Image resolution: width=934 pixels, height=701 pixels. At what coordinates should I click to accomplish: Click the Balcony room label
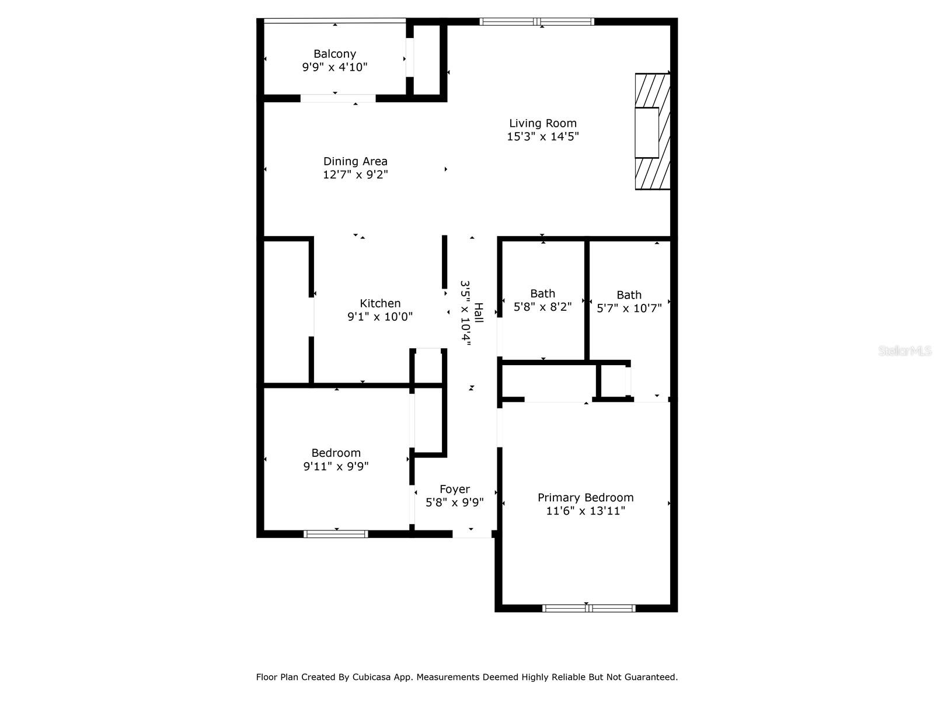[x=334, y=54]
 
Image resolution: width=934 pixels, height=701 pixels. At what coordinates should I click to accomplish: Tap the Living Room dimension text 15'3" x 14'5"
[x=543, y=137]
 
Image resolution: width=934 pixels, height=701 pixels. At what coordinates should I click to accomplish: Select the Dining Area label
[x=355, y=161]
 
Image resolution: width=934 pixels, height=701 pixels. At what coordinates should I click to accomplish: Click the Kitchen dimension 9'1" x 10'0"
[x=380, y=317]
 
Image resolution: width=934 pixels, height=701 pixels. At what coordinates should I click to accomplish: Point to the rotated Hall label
[x=479, y=313]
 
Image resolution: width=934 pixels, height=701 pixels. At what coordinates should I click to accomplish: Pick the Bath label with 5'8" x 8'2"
[x=542, y=293]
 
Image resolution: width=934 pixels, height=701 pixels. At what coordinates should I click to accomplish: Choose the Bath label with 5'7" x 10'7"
[x=629, y=295]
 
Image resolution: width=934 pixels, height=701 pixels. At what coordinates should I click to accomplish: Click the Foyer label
[x=454, y=489]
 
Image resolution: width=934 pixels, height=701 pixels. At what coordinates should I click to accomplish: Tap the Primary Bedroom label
[x=585, y=498]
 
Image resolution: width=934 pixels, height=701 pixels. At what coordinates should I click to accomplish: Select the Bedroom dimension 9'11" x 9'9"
[x=336, y=466]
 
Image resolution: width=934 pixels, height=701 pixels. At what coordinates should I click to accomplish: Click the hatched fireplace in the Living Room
[x=652, y=131]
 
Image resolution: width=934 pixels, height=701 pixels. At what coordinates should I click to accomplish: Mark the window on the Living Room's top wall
[x=536, y=22]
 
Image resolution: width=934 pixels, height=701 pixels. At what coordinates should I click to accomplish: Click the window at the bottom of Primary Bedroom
[x=588, y=608]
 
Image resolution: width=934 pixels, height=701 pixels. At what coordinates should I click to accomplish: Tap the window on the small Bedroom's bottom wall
[x=336, y=533]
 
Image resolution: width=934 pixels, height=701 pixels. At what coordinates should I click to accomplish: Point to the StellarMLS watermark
[x=904, y=351]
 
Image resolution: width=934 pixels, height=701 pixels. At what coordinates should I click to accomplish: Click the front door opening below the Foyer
[x=472, y=534]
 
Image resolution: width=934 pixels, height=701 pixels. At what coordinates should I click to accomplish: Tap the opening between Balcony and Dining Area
[x=338, y=98]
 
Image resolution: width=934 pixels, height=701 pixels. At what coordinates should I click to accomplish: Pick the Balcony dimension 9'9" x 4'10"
[x=334, y=67]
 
